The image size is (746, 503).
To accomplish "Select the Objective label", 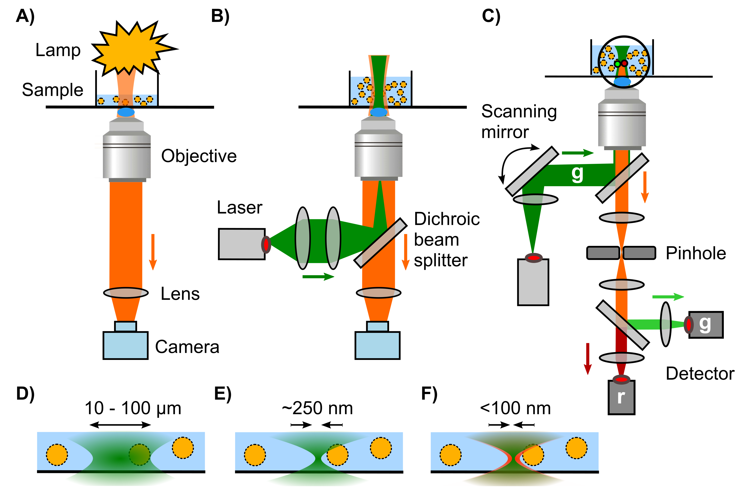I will pyautogui.click(x=199, y=156).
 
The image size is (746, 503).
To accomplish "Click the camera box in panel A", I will pyautogui.click(x=125, y=345).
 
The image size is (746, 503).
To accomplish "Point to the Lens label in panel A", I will pyautogui.click(x=180, y=293).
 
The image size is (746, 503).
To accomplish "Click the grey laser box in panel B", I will pyautogui.click(x=241, y=244).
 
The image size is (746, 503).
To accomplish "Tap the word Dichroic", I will pyautogui.click(x=447, y=219).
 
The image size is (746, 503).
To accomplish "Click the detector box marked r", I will pyautogui.click(x=621, y=397).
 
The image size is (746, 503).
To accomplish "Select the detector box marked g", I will pyautogui.click(x=706, y=325).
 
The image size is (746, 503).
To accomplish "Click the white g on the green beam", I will pyautogui.click(x=577, y=174).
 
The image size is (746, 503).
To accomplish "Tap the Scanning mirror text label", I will pyautogui.click(x=519, y=121).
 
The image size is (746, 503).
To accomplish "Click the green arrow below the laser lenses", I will pyautogui.click(x=318, y=277).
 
